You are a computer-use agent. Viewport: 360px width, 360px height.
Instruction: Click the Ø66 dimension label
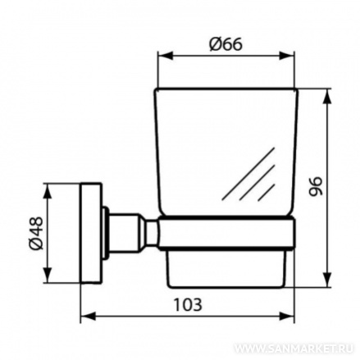click(226, 43)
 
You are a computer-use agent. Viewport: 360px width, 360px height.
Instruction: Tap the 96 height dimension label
click(316, 186)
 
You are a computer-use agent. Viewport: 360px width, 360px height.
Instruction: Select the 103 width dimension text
click(188, 304)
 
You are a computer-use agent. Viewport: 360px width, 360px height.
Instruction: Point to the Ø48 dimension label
click(36, 233)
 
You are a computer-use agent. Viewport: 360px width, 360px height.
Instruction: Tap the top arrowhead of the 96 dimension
click(326, 96)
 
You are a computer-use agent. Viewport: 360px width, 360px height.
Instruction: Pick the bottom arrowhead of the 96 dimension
click(326, 280)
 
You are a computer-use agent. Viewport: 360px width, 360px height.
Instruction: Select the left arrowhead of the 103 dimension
click(89, 317)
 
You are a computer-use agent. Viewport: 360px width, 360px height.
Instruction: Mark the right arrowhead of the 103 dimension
click(286, 317)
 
